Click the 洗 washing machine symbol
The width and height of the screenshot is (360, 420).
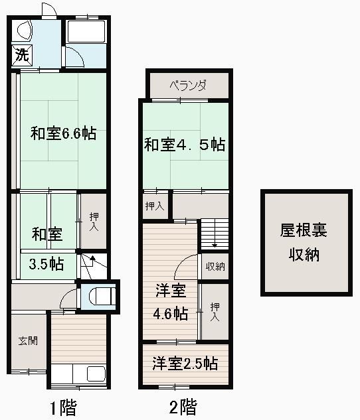[22, 55]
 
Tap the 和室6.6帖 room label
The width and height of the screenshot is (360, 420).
[63, 133]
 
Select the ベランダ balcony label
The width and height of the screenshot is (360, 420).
[188, 86]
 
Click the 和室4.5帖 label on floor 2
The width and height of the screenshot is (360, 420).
[185, 145]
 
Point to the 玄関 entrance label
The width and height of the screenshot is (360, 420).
[28, 341]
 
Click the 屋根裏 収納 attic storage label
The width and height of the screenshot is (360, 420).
[304, 242]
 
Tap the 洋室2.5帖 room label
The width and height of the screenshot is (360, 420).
[185, 363]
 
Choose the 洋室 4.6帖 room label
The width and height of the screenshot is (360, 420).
[171, 302]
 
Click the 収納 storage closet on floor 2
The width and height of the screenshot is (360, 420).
[215, 266]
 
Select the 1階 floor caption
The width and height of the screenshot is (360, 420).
[64, 407]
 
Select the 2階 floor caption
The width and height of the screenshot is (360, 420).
[183, 407]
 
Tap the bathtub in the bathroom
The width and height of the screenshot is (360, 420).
[86, 32]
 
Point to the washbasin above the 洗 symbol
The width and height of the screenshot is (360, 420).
[25, 29]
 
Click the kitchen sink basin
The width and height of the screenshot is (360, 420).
[96, 374]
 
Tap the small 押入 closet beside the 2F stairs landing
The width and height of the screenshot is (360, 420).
[155, 206]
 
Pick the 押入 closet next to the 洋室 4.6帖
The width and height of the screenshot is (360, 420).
[215, 312]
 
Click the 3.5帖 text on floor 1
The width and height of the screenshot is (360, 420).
[46, 264]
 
